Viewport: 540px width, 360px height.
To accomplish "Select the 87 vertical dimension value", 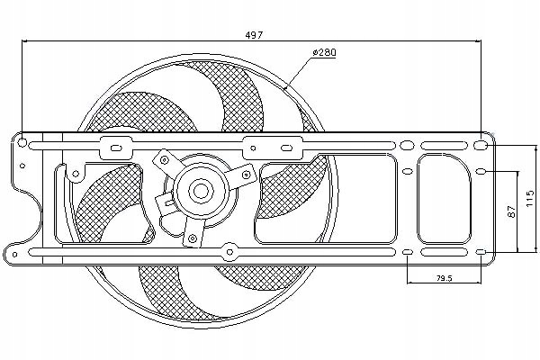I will point(510,212).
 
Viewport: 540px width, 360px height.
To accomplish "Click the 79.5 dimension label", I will point(443,278).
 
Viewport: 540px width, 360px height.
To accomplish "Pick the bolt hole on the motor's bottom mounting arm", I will point(193,238).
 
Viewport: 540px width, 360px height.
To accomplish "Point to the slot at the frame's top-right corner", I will point(481,144).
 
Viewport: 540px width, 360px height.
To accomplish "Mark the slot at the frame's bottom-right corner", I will point(481,251).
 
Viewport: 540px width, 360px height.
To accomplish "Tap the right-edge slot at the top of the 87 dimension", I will point(481,171).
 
